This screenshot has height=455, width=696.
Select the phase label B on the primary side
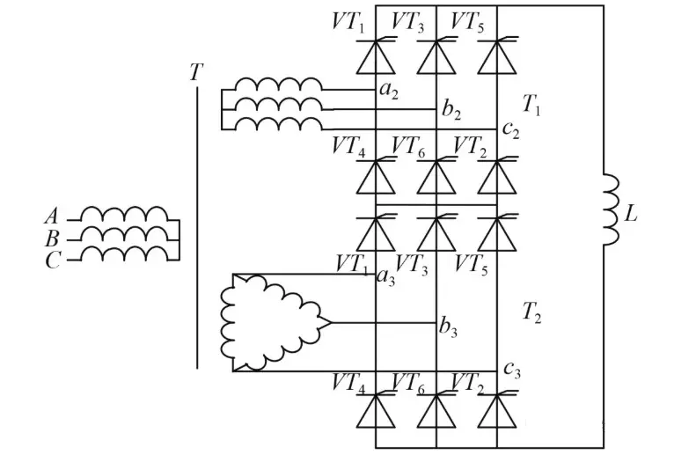(50, 239)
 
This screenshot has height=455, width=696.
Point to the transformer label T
(195, 72)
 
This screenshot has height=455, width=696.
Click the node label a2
(388, 90)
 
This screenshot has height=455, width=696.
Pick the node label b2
(451, 111)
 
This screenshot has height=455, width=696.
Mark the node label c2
(510, 130)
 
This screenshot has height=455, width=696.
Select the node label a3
(385, 277)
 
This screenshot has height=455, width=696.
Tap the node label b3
(449, 327)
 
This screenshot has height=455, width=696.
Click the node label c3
(512, 370)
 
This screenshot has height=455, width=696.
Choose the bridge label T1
(531, 106)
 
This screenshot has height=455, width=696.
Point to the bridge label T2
(531, 310)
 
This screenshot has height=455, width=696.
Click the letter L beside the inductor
(630, 215)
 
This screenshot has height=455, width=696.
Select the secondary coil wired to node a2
(278, 84)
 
